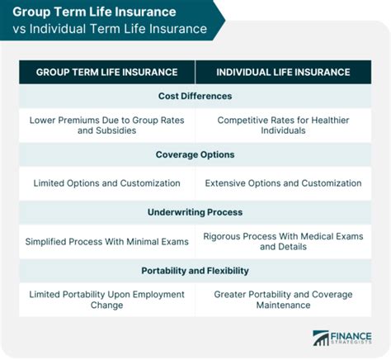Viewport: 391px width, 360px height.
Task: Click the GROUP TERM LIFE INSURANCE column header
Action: point(107,72)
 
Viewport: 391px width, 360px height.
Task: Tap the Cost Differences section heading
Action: point(195,96)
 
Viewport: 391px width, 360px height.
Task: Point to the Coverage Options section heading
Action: point(195,154)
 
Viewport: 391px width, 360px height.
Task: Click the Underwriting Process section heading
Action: point(195,211)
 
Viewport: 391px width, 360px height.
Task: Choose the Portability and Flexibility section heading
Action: point(195,270)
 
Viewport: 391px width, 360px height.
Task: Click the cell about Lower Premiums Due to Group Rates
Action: point(107,125)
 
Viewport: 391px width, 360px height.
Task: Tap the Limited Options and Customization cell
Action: point(107,182)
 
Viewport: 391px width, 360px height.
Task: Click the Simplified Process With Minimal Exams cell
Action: point(107,241)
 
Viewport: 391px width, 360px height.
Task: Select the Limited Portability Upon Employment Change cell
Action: point(107,299)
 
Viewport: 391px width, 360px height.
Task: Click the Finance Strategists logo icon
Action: point(320,338)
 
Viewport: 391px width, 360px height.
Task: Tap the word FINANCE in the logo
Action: point(351,334)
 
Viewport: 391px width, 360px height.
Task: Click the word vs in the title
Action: point(20,31)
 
